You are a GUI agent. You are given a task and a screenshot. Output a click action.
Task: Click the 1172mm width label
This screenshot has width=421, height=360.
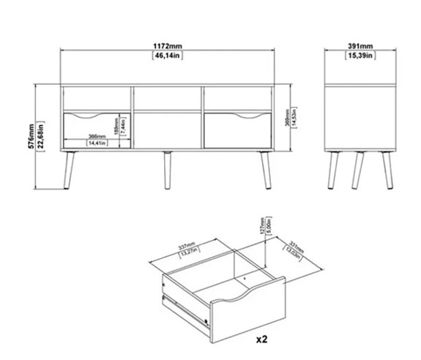tap(168, 45)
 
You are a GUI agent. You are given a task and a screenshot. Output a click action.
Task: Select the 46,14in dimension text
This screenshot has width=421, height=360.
tap(168, 55)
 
